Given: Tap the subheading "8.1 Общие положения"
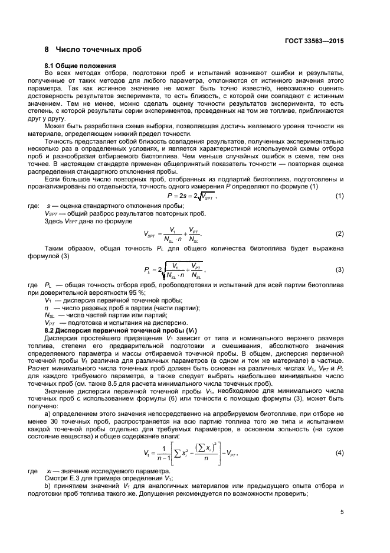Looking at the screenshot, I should tap(80, 65).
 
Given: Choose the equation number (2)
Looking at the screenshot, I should tap(340, 235).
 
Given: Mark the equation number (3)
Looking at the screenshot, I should tap(340, 270).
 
